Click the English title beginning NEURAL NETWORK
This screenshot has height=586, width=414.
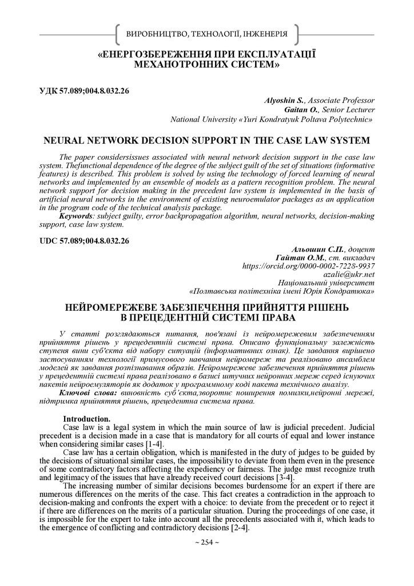tap(206, 141)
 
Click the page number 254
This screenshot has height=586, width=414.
tap(206, 542)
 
